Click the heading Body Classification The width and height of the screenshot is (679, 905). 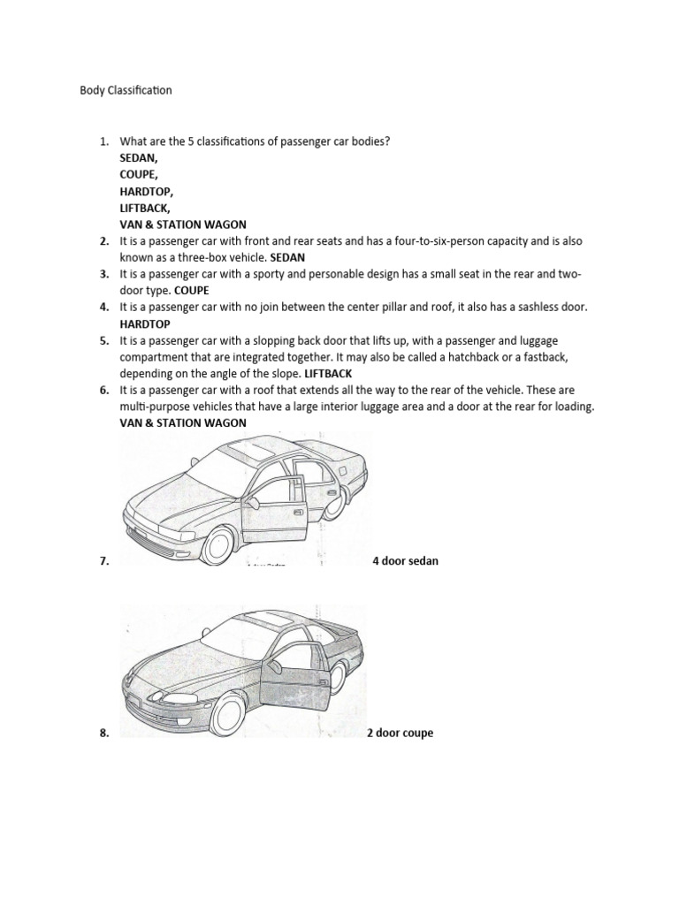[x=126, y=90]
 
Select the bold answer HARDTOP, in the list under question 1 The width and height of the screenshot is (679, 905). [x=147, y=191]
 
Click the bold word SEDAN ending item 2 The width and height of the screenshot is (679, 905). [x=287, y=257]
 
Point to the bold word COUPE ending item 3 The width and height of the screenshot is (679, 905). [x=192, y=290]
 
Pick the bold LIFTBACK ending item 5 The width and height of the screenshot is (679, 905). [x=328, y=373]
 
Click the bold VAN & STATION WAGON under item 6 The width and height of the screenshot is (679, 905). [x=183, y=422]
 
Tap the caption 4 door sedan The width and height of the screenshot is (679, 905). [x=405, y=561]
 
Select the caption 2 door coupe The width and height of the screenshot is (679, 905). [x=401, y=733]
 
